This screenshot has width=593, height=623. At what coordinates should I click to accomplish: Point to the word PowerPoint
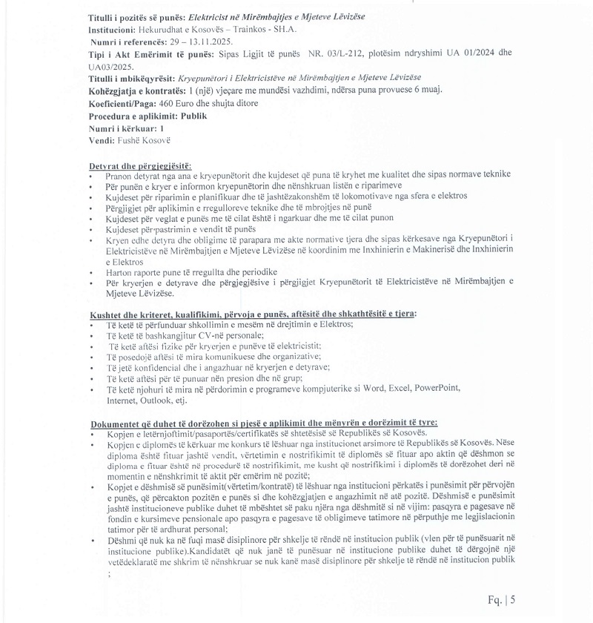tap(437, 388)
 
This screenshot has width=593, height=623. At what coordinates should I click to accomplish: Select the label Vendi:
tap(102, 140)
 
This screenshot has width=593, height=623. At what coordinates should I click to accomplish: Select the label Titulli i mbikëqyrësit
tap(130, 79)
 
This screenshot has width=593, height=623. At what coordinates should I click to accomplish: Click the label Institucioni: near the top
tap(113, 30)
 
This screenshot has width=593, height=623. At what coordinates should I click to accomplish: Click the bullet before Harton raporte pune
tap(90, 272)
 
